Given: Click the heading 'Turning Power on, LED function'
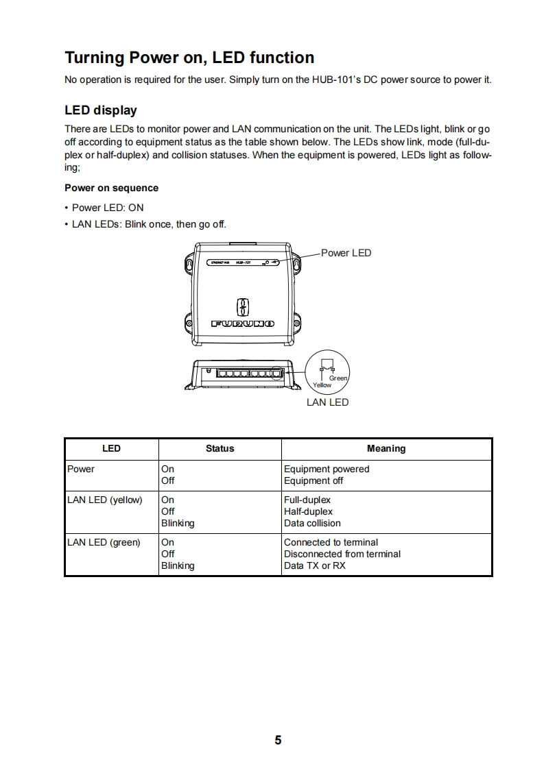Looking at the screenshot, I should click(189, 58).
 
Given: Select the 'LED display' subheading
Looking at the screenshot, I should click(101, 110).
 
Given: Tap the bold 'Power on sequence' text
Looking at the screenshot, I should click(111, 188).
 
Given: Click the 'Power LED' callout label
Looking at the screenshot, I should click(346, 253).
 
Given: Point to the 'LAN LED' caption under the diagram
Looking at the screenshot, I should click(327, 402).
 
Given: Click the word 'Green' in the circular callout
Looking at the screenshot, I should click(338, 378).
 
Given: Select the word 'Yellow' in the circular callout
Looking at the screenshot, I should click(322, 385).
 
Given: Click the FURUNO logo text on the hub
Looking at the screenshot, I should click(243, 323).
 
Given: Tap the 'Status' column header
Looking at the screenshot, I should click(220, 449).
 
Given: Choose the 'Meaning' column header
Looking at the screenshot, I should click(386, 449).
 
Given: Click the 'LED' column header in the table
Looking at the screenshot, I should click(111, 449).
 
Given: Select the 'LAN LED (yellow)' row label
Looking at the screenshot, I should click(105, 500).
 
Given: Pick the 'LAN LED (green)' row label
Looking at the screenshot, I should click(104, 543).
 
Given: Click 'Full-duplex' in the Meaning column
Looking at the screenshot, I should click(307, 500).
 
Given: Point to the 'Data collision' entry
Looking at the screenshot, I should click(312, 524).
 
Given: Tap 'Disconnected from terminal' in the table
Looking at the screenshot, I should click(342, 554).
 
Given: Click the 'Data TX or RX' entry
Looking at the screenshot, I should click(315, 566).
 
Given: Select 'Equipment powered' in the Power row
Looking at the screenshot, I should click(327, 469).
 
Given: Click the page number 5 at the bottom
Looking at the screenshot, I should click(278, 740).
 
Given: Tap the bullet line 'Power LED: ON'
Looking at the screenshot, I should click(108, 208).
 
